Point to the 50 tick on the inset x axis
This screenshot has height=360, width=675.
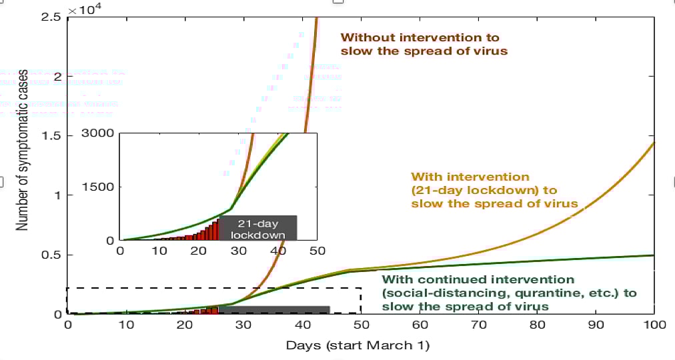pos(316,251)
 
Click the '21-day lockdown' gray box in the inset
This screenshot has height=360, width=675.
pos(258,228)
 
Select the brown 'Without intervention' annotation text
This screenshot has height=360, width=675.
pos(420,44)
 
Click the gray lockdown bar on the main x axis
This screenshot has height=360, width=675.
pos(273,309)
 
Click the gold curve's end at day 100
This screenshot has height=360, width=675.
pos(654,143)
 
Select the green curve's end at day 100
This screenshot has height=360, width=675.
pos(654,255)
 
